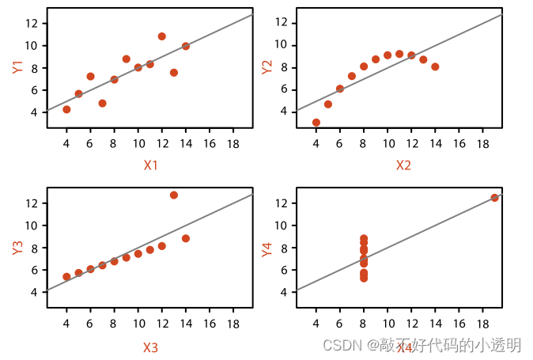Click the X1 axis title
[150, 165]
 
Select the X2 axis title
[403, 165]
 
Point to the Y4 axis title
[267, 248]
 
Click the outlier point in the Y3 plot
[174, 195]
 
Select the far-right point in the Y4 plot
[494, 198]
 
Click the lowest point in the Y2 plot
[316, 123]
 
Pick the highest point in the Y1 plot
[162, 36]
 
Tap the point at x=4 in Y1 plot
[66, 109]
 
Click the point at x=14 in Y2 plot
[435, 66]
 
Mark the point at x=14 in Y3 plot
[186, 238]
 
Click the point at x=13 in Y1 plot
[174, 73]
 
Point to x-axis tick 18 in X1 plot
[233, 144]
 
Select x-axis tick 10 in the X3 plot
[138, 324]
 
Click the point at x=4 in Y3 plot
[66, 277]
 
